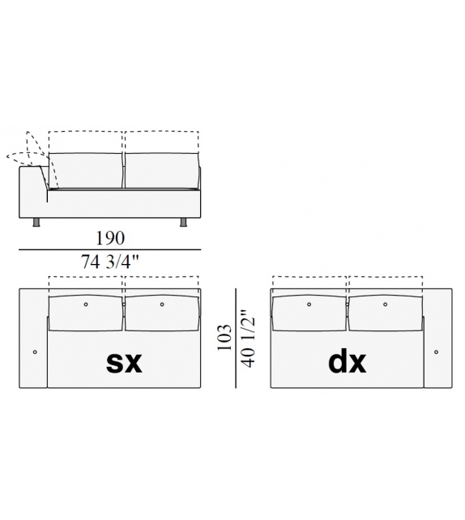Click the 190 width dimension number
[110, 238]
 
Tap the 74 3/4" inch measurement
[109, 262]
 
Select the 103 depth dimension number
[224, 337]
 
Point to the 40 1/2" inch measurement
[249, 339]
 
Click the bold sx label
[124, 362]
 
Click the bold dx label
[348, 361]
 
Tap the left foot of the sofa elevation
[36, 222]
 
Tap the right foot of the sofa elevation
[183, 222]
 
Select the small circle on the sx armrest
[35, 352]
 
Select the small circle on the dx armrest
[436, 352]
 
